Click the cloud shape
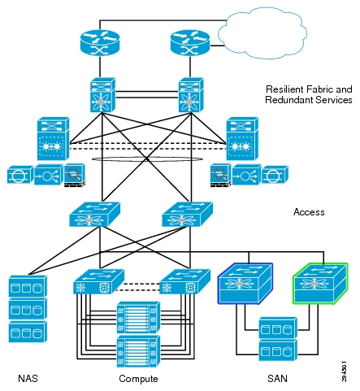pyautogui.click(x=262, y=33)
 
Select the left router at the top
pyautogui.click(x=100, y=42)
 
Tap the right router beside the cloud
pyautogui.click(x=190, y=42)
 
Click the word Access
pyautogui.click(x=309, y=212)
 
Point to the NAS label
pyautogui.click(x=28, y=378)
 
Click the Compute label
pyautogui.click(x=138, y=379)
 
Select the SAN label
pyautogui.click(x=277, y=378)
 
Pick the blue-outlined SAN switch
pyautogui.click(x=245, y=283)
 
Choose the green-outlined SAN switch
pyautogui.click(x=320, y=283)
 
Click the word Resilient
pyautogui.click(x=285, y=89)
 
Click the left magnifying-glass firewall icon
pyautogui.click(x=75, y=175)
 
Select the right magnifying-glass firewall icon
pyautogui.click(x=220, y=175)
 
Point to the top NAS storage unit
pyautogui.click(x=28, y=286)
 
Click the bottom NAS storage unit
pyautogui.click(x=28, y=332)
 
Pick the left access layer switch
pyautogui.click(x=95, y=214)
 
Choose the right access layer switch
pyautogui.click(x=188, y=214)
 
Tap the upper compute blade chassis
pyautogui.click(x=138, y=317)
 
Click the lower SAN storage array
pyautogui.click(x=278, y=351)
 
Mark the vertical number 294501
pyautogui.click(x=344, y=371)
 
